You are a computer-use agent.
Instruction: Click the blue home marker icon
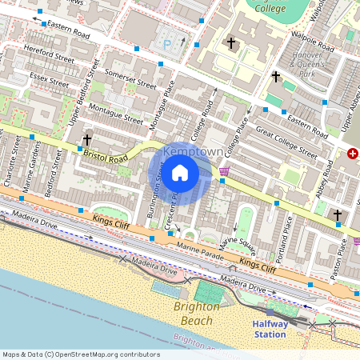[x=180, y=172]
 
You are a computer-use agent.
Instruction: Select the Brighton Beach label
[x=194, y=314]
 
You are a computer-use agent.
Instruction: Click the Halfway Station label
[x=270, y=329]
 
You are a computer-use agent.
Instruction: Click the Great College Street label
[x=286, y=141]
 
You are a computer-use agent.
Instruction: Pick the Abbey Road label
[x=324, y=182]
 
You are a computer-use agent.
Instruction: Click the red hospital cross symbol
[x=353, y=154]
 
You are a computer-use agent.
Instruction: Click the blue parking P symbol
[x=167, y=45]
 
